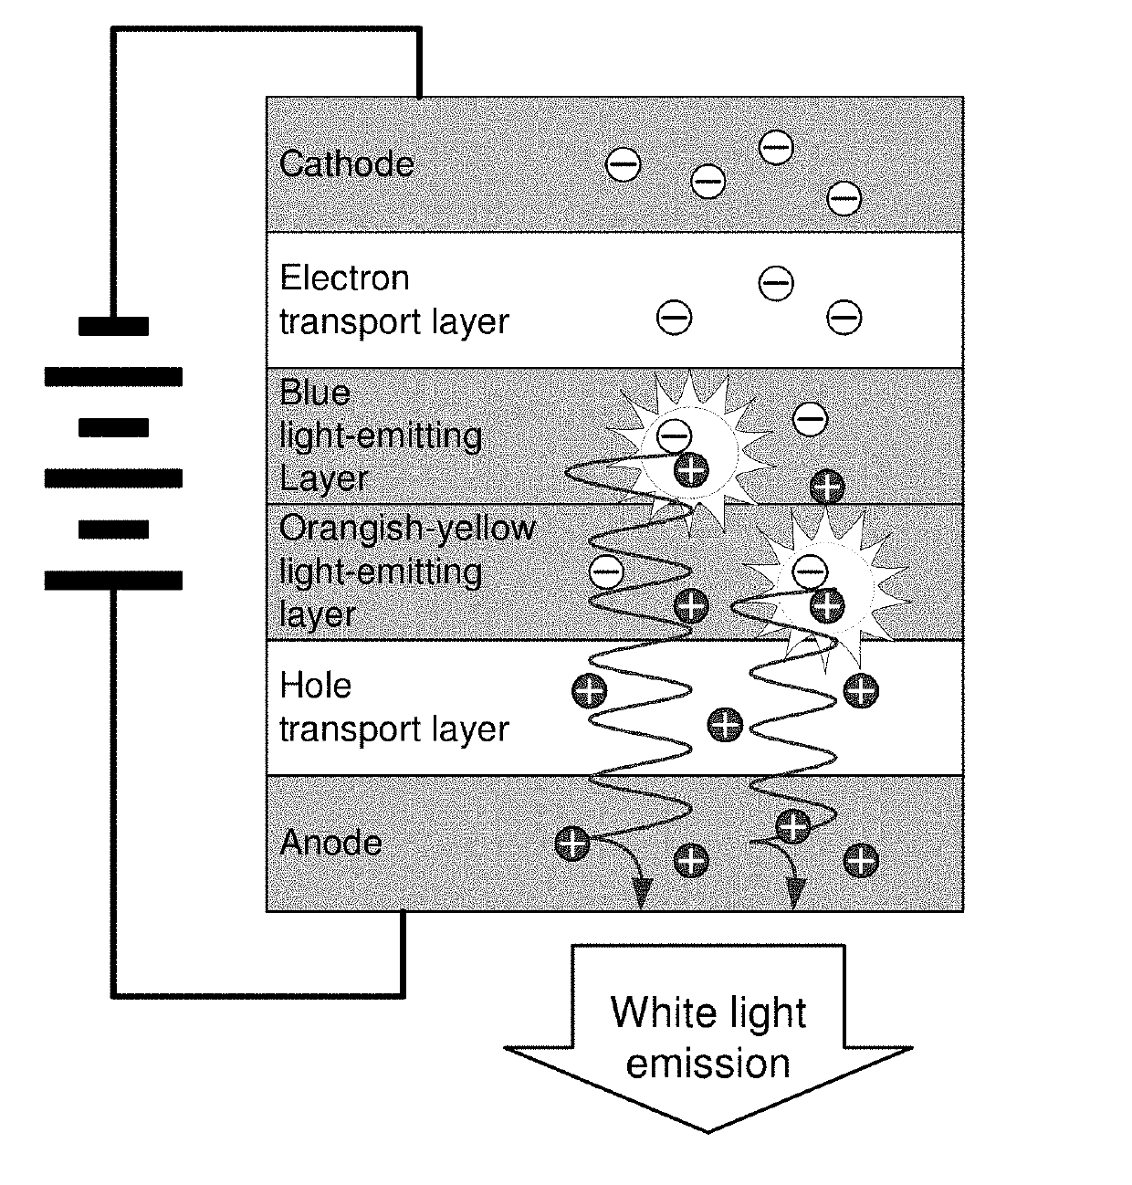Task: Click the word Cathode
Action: pyautogui.click(x=347, y=163)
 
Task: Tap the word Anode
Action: pyautogui.click(x=330, y=843)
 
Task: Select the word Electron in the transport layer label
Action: pyautogui.click(x=345, y=278)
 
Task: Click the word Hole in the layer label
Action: pyautogui.click(x=316, y=686)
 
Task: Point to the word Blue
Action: pyautogui.click(x=315, y=393)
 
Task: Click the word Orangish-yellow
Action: pyautogui.click(x=407, y=529)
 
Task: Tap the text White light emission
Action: pyautogui.click(x=708, y=1038)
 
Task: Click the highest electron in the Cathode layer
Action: pyautogui.click(x=776, y=147)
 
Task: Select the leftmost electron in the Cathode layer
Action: pyautogui.click(x=623, y=164)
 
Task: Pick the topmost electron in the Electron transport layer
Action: pyautogui.click(x=776, y=282)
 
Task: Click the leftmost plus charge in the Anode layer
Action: pyautogui.click(x=572, y=844)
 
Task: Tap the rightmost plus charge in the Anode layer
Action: pyautogui.click(x=861, y=860)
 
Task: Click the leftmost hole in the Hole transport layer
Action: pyautogui.click(x=590, y=690)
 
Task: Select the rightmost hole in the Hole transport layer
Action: pyautogui.click(x=861, y=690)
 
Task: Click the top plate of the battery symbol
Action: pyautogui.click(x=113, y=327)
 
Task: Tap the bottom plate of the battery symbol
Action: pyautogui.click(x=113, y=581)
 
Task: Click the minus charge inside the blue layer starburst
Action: pyautogui.click(x=675, y=435)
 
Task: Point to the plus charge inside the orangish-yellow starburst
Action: pyautogui.click(x=827, y=605)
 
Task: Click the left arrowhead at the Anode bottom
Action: pyautogui.click(x=641, y=895)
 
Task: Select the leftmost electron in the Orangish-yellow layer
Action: pyautogui.click(x=606, y=572)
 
